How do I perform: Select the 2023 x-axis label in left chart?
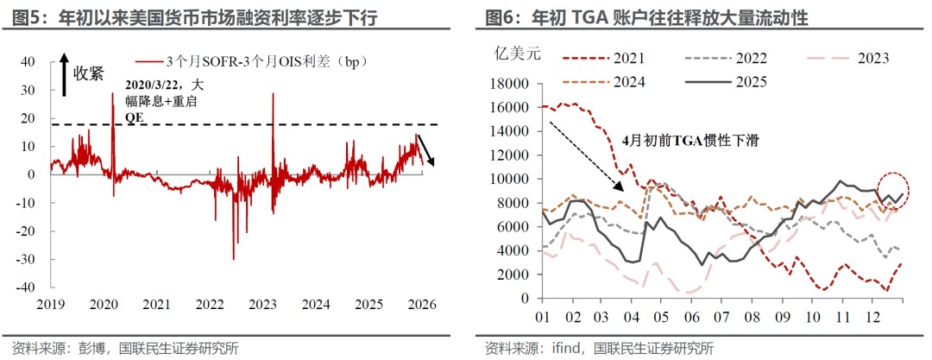[x=263, y=305]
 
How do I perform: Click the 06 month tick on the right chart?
[x=690, y=316]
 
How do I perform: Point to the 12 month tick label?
[x=873, y=316]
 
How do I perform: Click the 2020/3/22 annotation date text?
[x=154, y=85]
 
